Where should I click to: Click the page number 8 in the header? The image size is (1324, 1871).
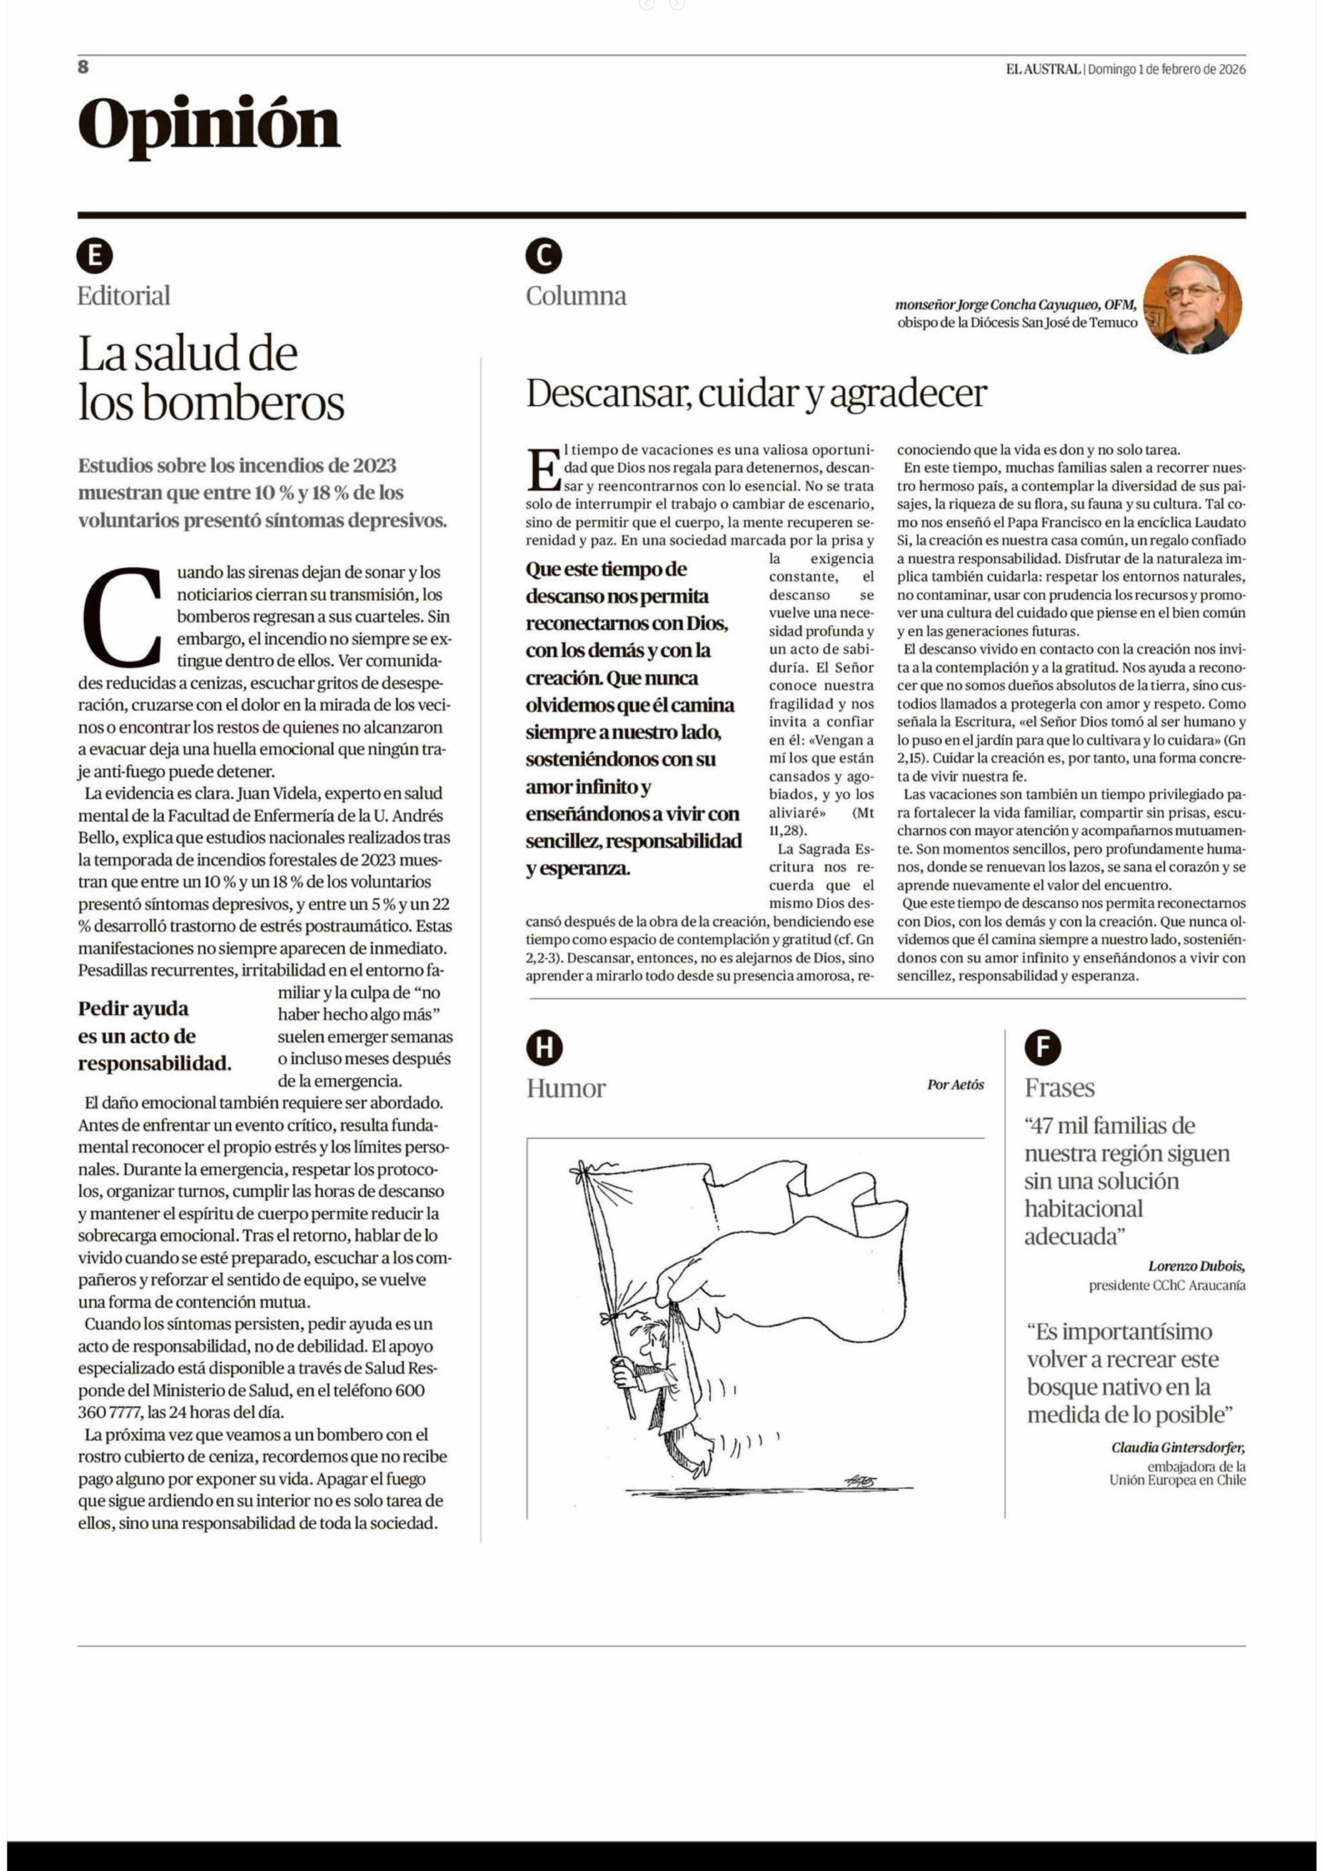[83, 67]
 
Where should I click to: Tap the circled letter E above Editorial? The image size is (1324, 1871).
[95, 257]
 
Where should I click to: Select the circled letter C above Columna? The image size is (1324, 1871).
[544, 257]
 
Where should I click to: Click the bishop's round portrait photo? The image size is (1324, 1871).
[1192, 305]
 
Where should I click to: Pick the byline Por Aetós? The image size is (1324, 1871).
[955, 1085]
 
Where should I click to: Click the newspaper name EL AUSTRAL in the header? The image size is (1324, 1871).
[1043, 69]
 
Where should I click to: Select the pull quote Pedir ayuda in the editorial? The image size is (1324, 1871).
[155, 1036]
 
